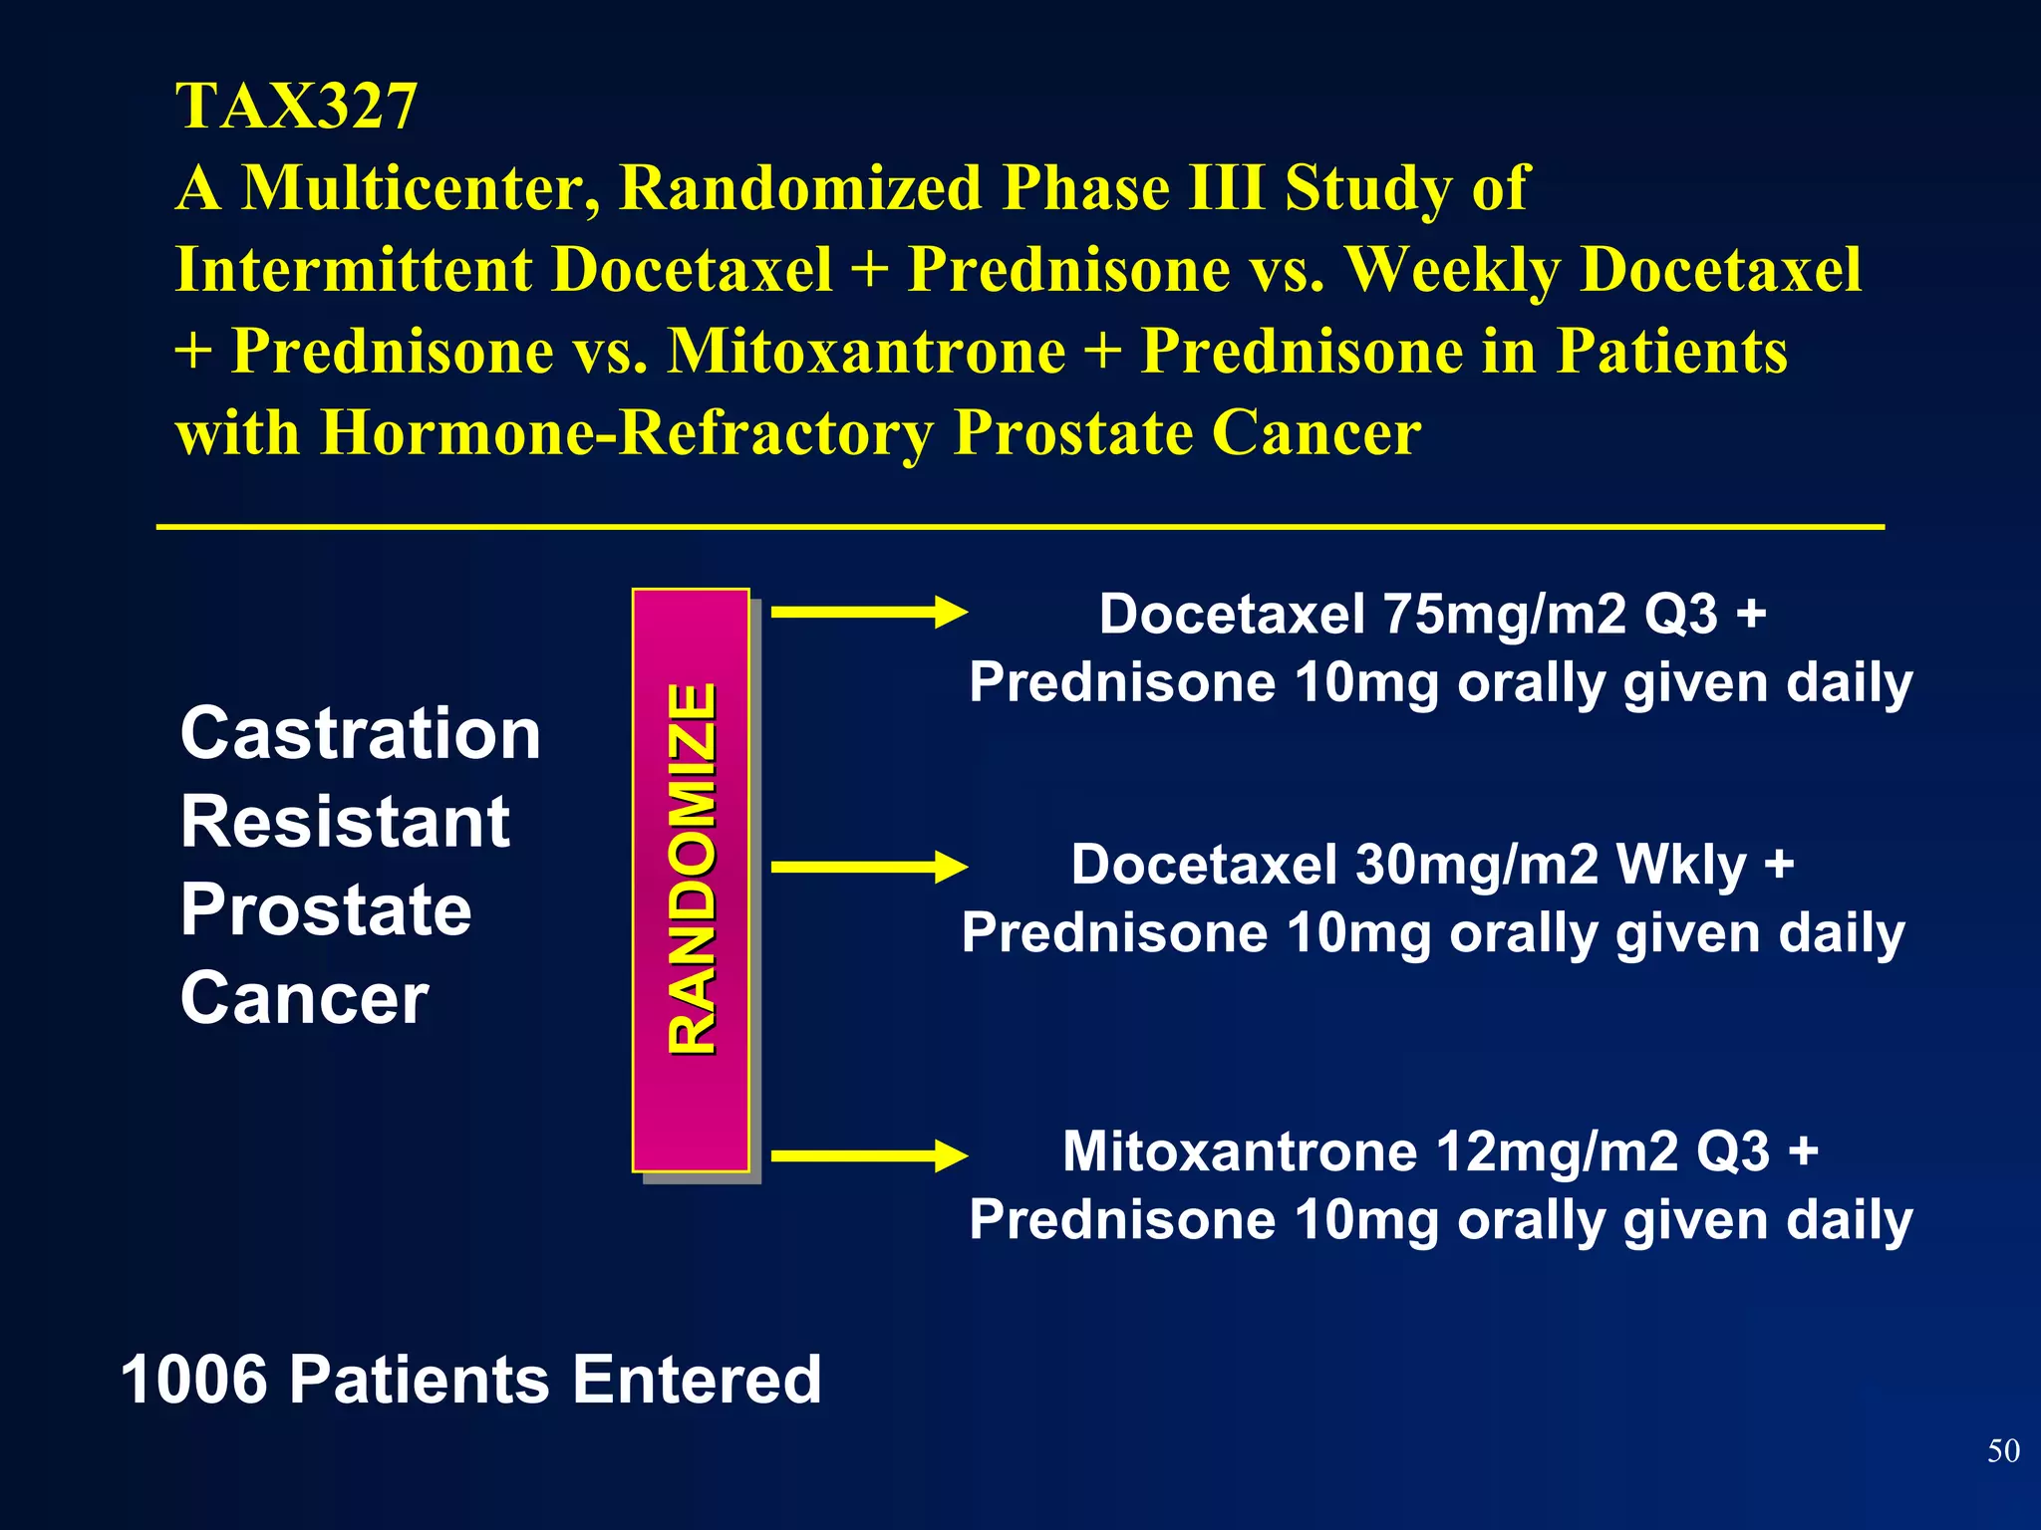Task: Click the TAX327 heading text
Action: [x=296, y=107]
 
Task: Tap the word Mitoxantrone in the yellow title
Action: [x=866, y=351]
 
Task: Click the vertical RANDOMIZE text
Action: [x=692, y=869]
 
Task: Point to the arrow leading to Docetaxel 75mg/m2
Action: [x=868, y=612]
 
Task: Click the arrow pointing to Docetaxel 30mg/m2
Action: [x=868, y=867]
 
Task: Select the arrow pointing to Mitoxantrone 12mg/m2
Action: [x=868, y=1155]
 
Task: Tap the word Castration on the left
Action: [x=360, y=733]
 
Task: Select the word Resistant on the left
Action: [x=345, y=822]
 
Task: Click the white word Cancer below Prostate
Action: [x=304, y=998]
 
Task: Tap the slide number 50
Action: [x=2003, y=1450]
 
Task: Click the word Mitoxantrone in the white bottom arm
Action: [x=1240, y=1151]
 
